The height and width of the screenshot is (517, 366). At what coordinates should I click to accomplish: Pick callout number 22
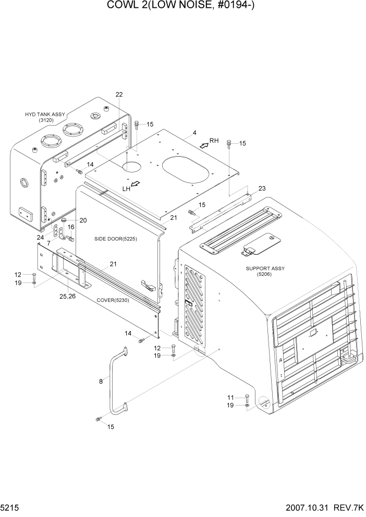coord(119,94)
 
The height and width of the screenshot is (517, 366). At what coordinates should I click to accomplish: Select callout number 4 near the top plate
coord(194,133)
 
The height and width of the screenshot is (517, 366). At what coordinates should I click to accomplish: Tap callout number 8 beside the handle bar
coord(101,381)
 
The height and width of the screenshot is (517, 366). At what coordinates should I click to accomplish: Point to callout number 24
coord(40,237)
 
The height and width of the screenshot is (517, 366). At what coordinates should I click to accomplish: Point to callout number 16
coord(71,227)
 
